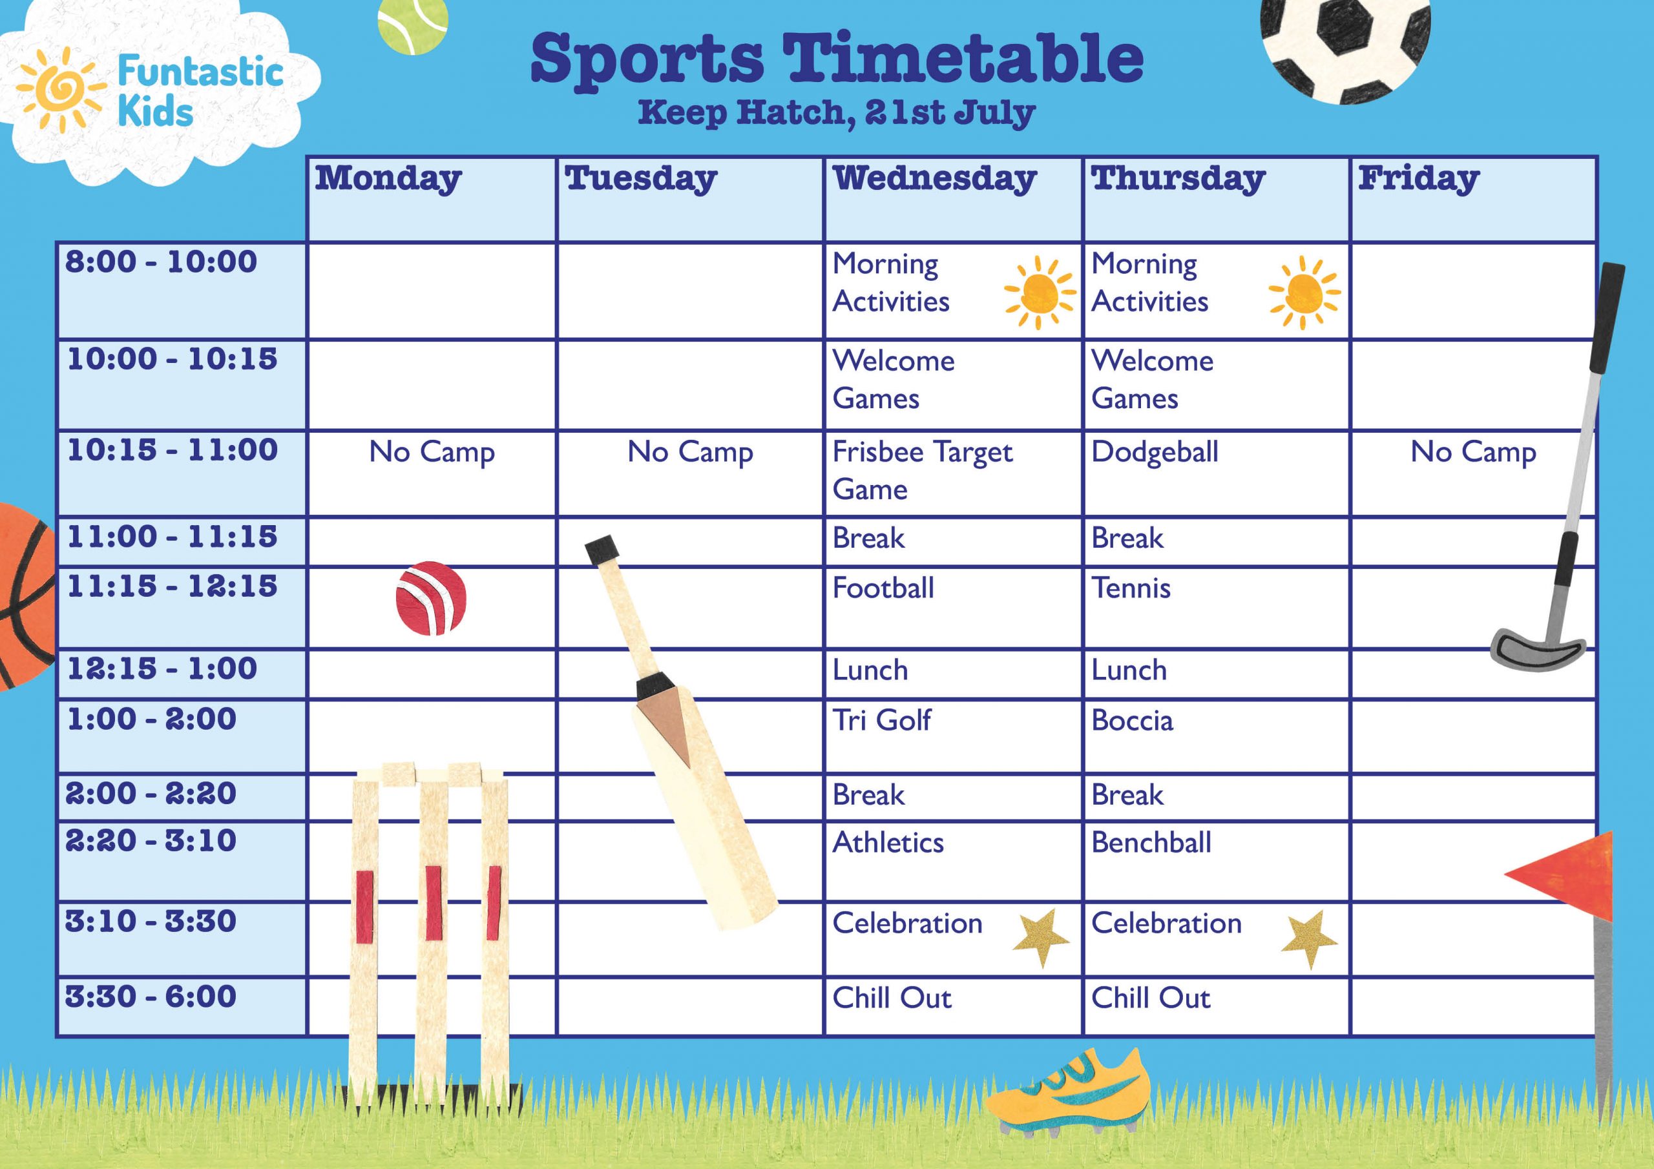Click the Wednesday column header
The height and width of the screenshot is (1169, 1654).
click(934, 180)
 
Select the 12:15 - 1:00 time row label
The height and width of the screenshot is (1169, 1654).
click(162, 669)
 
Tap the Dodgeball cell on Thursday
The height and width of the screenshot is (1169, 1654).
click(1155, 452)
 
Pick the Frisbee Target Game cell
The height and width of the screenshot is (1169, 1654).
click(922, 470)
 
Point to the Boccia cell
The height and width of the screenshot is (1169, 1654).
click(1132, 720)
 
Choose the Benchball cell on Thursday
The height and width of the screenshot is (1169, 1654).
click(1151, 843)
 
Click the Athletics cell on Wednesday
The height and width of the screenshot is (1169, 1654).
click(888, 843)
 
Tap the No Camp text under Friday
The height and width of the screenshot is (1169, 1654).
click(1473, 452)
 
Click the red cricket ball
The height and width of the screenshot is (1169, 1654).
click(431, 598)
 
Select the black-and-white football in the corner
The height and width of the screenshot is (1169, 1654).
click(1345, 43)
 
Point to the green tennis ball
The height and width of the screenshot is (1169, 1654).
click(413, 23)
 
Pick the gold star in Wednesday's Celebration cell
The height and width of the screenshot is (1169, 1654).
click(1041, 936)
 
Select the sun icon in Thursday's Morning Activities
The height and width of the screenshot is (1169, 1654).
click(1304, 293)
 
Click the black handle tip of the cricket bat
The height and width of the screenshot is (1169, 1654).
click(602, 550)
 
